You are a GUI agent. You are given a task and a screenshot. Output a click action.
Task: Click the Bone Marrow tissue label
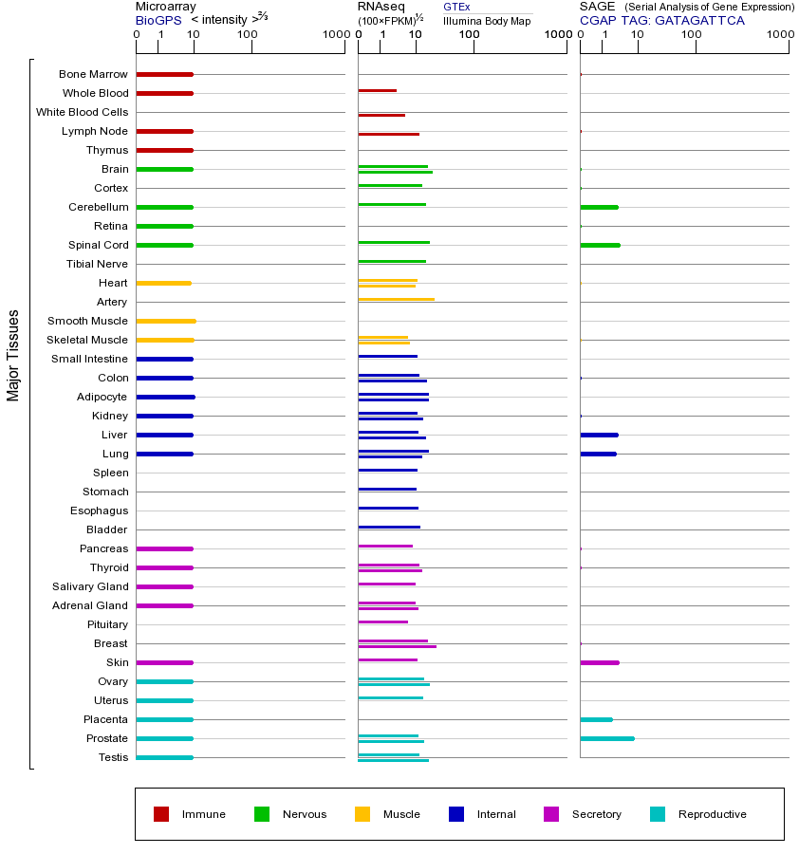coord(93,74)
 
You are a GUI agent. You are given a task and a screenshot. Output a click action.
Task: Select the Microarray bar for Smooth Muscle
coord(166,321)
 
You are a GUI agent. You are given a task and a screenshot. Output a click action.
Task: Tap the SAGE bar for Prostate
coord(606,738)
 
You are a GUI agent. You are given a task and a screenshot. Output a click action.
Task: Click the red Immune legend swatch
coord(161,814)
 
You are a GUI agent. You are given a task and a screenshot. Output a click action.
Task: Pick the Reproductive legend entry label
coord(712,814)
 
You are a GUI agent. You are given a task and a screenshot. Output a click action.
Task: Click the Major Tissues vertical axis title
coord(13,355)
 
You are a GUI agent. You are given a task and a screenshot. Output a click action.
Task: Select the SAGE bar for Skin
coord(599,662)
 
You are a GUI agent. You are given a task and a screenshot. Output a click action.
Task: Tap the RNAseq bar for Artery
coord(396,299)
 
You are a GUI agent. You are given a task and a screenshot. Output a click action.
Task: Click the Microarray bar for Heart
coord(163,283)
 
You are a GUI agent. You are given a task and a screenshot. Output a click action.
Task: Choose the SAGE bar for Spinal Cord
coord(600,245)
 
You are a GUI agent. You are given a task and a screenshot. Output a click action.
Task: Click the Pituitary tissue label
coord(107,624)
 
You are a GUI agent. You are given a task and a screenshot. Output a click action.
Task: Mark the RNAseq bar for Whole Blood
coord(377,90)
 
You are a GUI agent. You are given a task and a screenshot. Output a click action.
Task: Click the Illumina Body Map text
coord(487,21)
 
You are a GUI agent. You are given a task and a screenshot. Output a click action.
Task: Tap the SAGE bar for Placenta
coord(596,719)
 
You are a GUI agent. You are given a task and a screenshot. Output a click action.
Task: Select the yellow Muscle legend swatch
coord(362,814)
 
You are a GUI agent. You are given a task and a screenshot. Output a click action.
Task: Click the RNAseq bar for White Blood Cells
coord(381,115)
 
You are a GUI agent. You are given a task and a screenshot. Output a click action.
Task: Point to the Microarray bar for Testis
coord(164,757)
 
